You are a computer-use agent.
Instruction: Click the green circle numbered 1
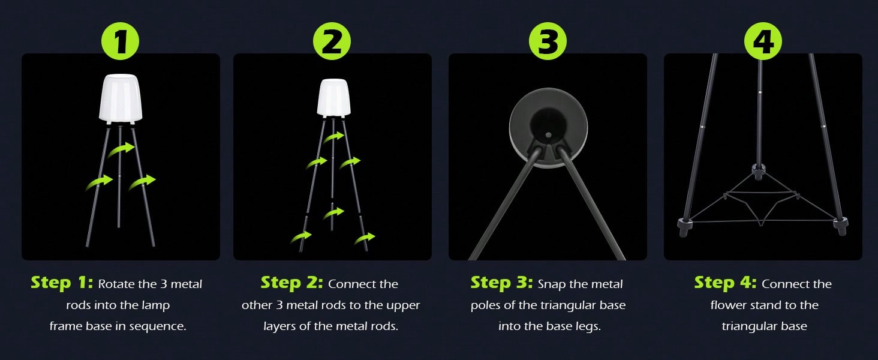(121, 41)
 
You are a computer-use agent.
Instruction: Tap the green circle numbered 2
(332, 41)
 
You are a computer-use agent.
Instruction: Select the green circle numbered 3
(548, 41)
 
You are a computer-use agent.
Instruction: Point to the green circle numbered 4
(763, 41)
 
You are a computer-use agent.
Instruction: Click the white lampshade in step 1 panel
(121, 98)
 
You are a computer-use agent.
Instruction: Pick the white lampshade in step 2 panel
(333, 98)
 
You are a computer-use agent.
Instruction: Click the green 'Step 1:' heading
(62, 283)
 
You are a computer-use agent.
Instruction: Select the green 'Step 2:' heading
(292, 283)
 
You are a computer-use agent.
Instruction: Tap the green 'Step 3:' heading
(502, 283)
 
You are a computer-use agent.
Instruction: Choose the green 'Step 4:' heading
(726, 283)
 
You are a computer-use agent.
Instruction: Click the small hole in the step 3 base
(548, 135)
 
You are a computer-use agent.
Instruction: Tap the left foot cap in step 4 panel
(684, 226)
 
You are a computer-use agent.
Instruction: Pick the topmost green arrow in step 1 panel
(122, 149)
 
